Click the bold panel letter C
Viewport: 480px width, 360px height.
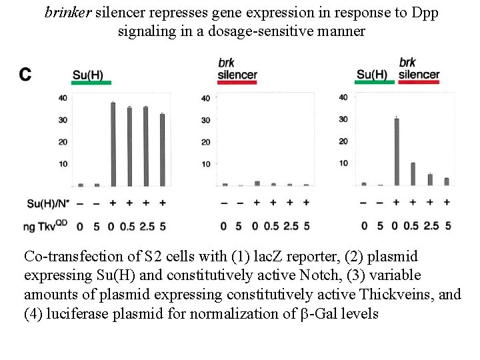tap(25, 74)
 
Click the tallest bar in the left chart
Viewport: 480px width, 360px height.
tap(113, 145)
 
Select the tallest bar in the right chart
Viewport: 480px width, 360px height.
tap(396, 152)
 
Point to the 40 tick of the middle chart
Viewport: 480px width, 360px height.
tap(205, 99)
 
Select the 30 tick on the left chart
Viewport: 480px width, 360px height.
tap(62, 120)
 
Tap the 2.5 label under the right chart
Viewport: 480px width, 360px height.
tap(430, 226)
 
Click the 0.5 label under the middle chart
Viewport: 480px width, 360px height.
tap(273, 226)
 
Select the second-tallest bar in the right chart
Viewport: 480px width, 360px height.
tap(413, 174)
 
